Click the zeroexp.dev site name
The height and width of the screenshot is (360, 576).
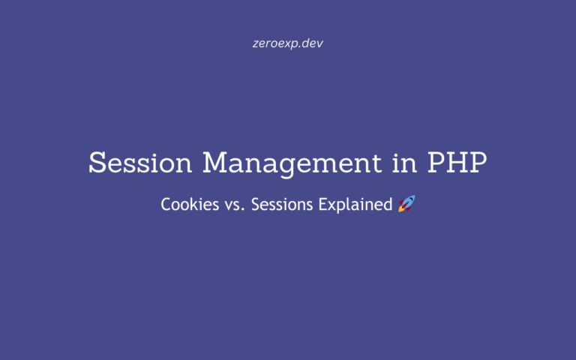tap(288, 43)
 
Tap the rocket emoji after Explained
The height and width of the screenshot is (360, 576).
tap(406, 203)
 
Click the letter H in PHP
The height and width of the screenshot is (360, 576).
tap(459, 163)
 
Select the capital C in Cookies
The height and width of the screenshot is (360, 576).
tap(166, 204)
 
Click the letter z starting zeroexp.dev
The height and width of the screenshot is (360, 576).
tap(256, 43)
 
